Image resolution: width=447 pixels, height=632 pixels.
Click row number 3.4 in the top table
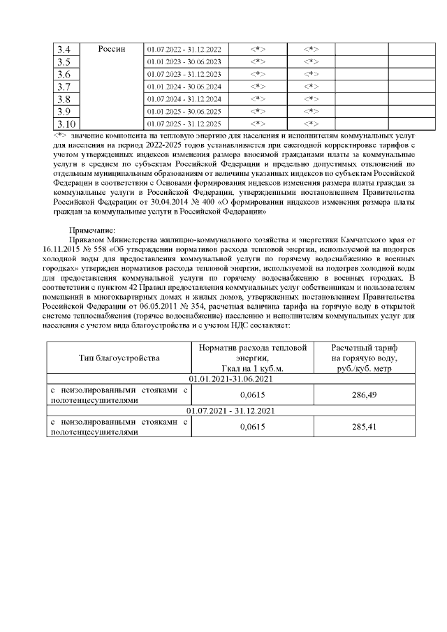(x=64, y=49)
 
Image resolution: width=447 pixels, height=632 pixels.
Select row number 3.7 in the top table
(x=64, y=87)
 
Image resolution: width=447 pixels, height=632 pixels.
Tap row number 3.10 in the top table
(x=66, y=124)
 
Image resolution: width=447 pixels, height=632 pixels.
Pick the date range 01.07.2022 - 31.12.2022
(x=184, y=50)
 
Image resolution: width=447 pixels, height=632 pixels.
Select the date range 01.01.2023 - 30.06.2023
(x=184, y=62)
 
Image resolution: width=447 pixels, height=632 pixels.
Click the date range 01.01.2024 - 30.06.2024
(x=184, y=87)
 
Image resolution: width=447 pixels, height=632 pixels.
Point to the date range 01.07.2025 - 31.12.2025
(x=184, y=124)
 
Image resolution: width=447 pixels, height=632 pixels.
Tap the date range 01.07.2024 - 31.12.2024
(x=184, y=99)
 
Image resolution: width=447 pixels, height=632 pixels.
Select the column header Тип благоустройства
(x=119, y=358)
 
